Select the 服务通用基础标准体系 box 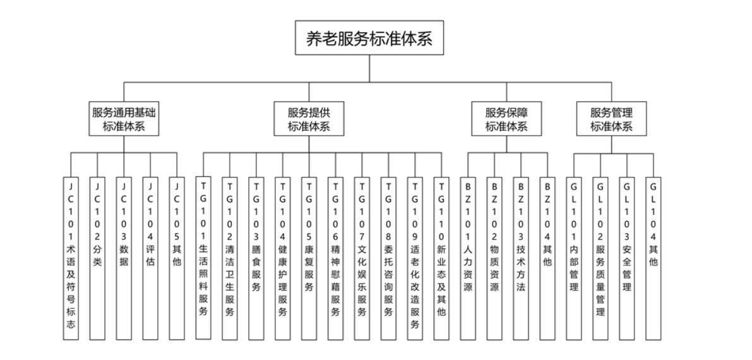[x=124, y=119]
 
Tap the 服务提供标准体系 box [x=309, y=119]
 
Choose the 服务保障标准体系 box [x=506, y=119]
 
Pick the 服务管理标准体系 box [x=611, y=119]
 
